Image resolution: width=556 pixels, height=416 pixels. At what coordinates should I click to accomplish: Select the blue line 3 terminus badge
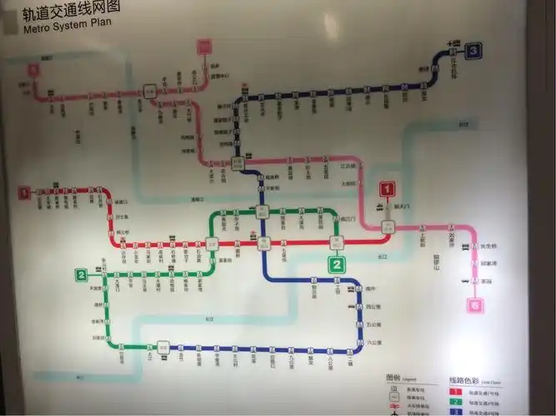474,50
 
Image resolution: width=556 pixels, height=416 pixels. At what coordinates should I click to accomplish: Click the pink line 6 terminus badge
476,305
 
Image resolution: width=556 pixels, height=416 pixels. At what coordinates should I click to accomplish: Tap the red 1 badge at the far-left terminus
25,193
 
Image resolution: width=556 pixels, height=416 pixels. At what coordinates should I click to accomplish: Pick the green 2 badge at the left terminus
81,275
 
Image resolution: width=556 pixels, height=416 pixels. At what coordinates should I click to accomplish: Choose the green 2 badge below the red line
337,265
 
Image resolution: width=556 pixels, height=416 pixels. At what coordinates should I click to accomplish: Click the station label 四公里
373,307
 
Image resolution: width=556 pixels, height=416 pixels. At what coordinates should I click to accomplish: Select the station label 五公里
373,324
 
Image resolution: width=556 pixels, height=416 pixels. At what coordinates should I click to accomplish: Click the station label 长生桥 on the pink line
488,246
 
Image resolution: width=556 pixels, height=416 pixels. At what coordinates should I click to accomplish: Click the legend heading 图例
393,378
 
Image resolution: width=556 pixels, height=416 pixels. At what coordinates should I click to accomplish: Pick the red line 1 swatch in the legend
455,390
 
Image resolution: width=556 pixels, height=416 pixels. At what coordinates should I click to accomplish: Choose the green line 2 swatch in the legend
455,401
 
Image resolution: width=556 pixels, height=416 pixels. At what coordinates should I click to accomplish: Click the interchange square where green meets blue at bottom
163,347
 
